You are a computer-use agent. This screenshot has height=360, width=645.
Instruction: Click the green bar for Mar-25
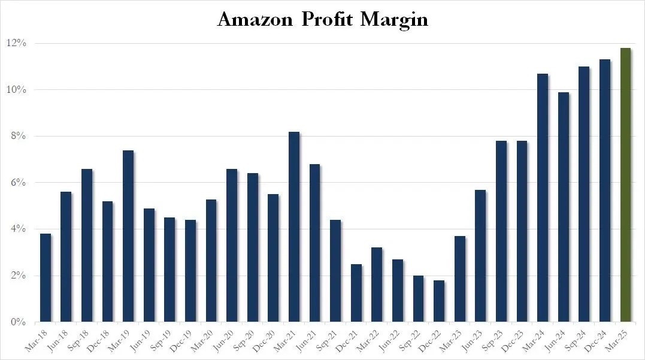click(x=625, y=184)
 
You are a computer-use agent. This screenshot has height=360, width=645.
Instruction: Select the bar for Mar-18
click(x=46, y=278)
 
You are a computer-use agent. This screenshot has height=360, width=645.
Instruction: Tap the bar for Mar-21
click(x=294, y=226)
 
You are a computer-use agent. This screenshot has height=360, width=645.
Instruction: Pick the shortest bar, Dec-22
click(x=439, y=301)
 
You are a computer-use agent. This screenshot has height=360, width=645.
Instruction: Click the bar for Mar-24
click(x=543, y=198)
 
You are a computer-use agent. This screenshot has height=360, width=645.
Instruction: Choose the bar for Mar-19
click(x=128, y=236)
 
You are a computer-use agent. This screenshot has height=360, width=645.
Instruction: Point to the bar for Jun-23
click(x=480, y=256)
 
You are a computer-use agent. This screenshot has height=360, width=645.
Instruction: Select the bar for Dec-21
click(x=356, y=293)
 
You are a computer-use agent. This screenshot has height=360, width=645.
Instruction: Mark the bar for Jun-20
click(x=232, y=245)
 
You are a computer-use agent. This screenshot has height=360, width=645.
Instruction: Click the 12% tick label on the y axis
click(x=16, y=43)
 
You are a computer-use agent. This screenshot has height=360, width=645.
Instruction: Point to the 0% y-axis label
click(x=19, y=322)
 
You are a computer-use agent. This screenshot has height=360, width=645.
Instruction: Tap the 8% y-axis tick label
click(x=19, y=136)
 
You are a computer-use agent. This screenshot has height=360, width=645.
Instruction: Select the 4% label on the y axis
click(x=19, y=229)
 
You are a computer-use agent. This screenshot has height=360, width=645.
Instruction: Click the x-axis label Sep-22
click(x=410, y=341)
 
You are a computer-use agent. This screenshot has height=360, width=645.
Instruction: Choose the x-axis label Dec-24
click(x=596, y=341)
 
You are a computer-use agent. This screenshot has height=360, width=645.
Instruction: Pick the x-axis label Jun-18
click(x=58, y=341)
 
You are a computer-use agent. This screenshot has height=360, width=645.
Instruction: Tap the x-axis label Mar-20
click(x=203, y=341)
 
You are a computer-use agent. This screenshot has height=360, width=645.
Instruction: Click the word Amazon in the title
click(x=255, y=19)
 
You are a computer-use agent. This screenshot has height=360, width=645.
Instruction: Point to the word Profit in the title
click(x=326, y=19)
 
